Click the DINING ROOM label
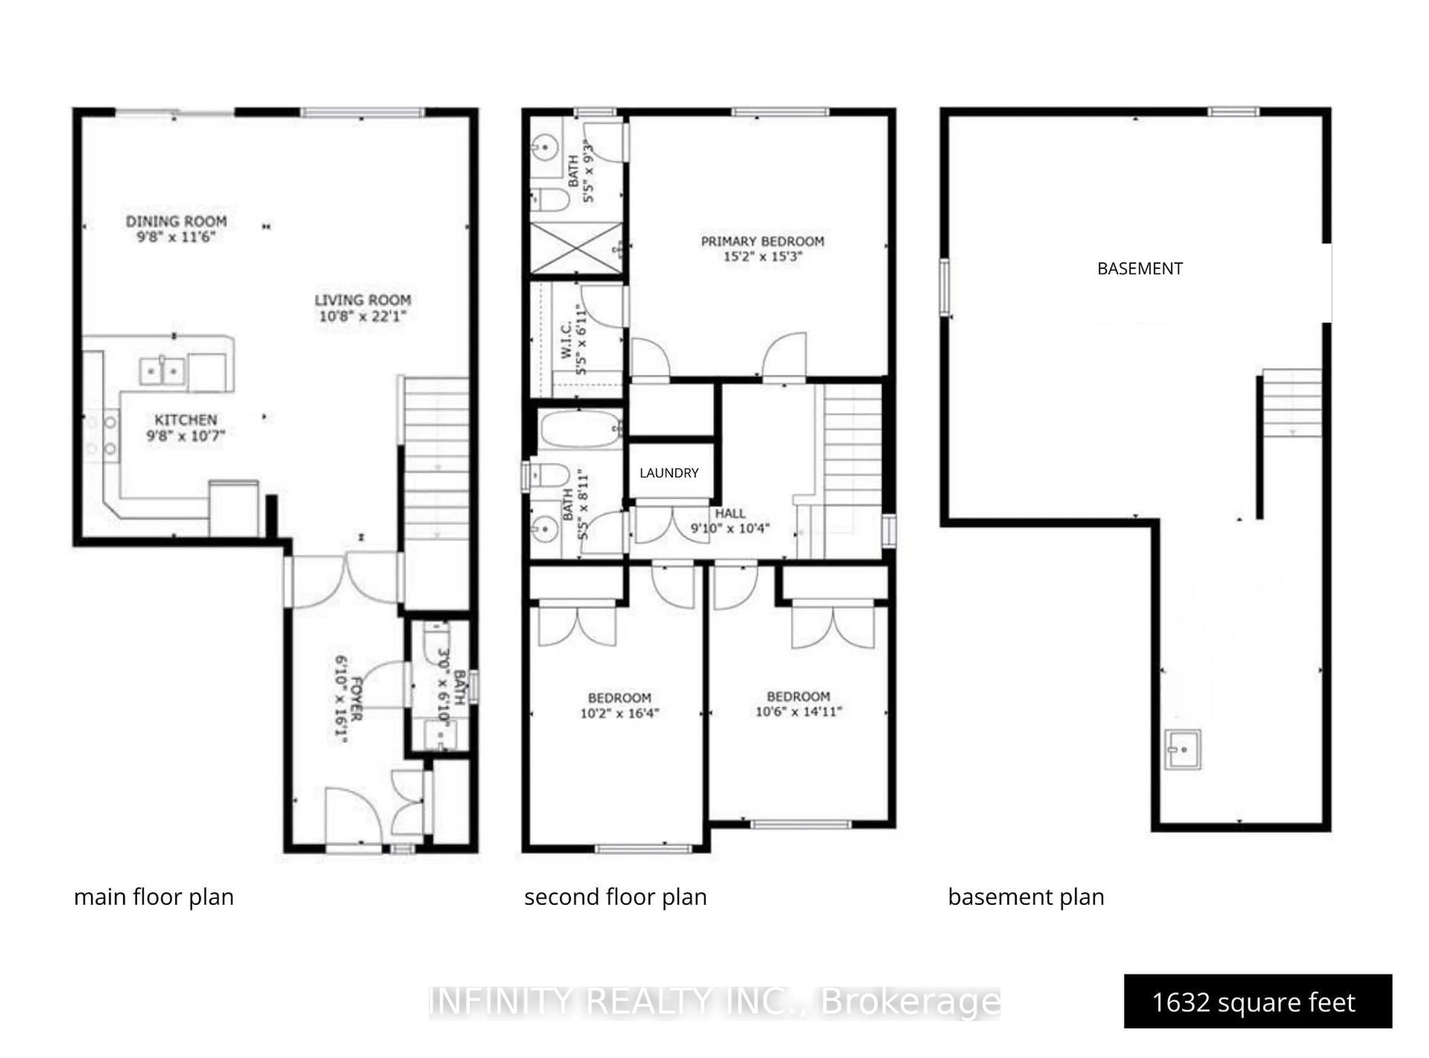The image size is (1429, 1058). coord(176,222)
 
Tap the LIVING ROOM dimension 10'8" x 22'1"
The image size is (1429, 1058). coord(362,316)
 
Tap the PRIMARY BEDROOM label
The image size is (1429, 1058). coord(762,242)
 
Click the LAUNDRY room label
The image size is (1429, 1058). coord(669,473)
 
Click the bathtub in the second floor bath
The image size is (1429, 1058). coord(578,428)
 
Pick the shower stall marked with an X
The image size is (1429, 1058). coord(576,248)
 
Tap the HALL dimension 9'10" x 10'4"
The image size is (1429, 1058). coord(730,528)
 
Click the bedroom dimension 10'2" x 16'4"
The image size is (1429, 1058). coord(619,713)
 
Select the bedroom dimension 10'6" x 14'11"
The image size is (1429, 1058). coord(798,711)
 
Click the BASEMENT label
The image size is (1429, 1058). coord(1139,268)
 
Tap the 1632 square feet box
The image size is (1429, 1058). coord(1257,1002)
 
